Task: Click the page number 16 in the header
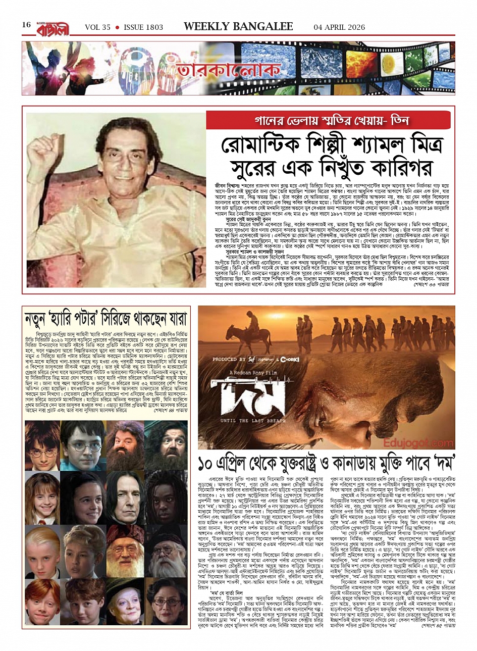pos(26,25)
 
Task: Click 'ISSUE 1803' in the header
pos(143,27)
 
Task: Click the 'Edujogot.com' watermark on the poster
pos(418,442)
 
